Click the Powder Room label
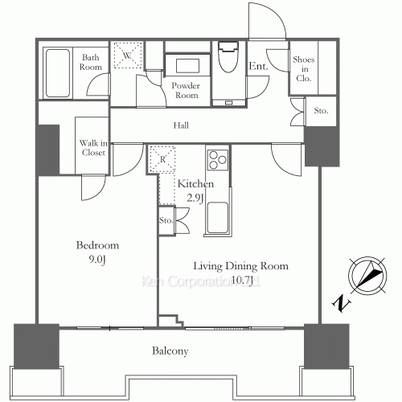pyautogui.click(x=186, y=90)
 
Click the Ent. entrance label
pyautogui.click(x=258, y=67)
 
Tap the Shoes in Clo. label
pyautogui.click(x=304, y=68)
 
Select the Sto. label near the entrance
pyautogui.click(x=321, y=111)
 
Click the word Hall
pyautogui.click(x=183, y=125)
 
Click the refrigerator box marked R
pyautogui.click(x=162, y=158)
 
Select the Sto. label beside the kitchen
pyautogui.click(x=166, y=219)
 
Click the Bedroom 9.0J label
pyautogui.click(x=98, y=252)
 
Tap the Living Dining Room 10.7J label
pyautogui.click(x=239, y=273)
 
